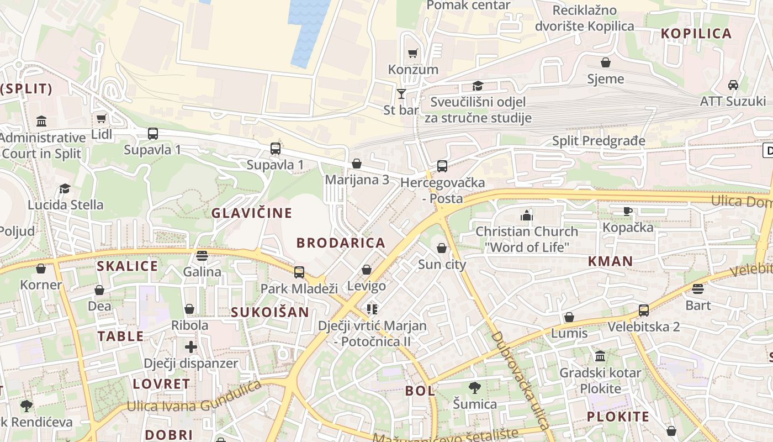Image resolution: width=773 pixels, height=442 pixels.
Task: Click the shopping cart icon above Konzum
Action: (x=412, y=54)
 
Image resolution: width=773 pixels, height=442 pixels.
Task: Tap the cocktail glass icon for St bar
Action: (x=401, y=94)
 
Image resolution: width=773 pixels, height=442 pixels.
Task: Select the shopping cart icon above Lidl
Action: (x=101, y=118)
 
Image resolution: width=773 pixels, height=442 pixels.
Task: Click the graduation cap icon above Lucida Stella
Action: (x=65, y=189)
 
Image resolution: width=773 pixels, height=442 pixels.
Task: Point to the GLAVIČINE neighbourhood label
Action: (x=252, y=213)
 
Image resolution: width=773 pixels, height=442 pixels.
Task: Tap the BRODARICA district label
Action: (x=341, y=243)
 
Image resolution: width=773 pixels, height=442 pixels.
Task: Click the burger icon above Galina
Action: (x=202, y=256)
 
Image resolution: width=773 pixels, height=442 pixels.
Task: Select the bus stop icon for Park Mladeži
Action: (x=299, y=272)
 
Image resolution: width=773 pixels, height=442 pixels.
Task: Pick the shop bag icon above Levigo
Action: (x=367, y=270)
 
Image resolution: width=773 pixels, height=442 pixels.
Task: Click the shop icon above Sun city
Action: (x=442, y=248)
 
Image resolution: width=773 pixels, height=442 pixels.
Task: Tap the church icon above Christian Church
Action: (x=527, y=215)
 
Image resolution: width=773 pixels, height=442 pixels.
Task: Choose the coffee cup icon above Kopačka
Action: (x=628, y=211)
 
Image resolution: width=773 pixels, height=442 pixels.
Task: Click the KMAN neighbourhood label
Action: (x=610, y=261)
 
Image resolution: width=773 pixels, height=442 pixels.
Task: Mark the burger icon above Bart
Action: (x=698, y=289)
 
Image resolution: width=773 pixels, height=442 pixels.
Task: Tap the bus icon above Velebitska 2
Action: (x=644, y=310)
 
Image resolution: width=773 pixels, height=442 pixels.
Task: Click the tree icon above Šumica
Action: (x=474, y=387)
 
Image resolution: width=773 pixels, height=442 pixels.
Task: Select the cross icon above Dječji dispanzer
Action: (x=191, y=347)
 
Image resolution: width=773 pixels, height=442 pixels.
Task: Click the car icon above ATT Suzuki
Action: (x=733, y=85)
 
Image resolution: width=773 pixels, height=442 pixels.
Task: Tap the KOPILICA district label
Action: (x=696, y=34)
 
